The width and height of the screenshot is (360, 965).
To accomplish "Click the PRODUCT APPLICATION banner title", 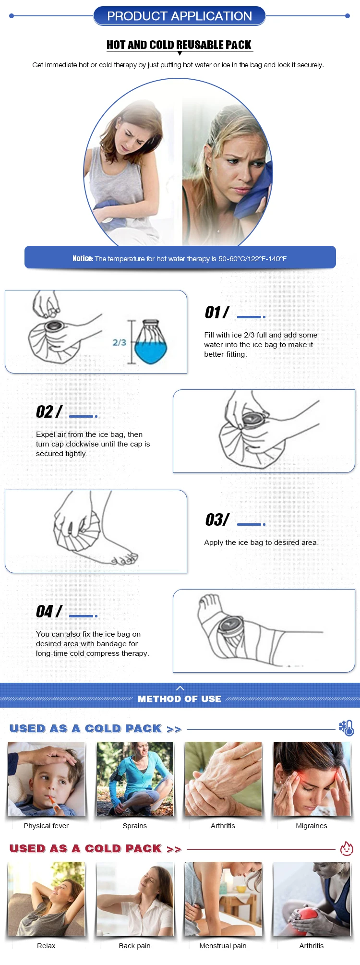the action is click(180, 16).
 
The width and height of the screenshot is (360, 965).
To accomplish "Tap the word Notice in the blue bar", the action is click(83, 258).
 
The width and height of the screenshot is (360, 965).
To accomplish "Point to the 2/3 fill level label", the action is click(120, 342).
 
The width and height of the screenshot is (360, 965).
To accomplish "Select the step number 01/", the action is click(217, 313).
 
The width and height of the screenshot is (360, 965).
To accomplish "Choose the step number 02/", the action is click(49, 411).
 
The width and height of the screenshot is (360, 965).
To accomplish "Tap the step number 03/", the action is click(217, 519).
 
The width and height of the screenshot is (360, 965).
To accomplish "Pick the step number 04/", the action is click(49, 611).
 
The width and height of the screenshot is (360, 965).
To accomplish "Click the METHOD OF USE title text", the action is click(180, 699).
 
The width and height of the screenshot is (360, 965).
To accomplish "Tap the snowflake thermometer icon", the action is click(346, 728).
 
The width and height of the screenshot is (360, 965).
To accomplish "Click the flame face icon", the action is click(347, 848).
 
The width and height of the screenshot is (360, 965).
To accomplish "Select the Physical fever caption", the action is click(46, 826).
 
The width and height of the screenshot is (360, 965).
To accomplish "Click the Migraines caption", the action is click(312, 826).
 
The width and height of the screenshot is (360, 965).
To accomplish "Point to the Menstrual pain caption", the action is click(223, 946).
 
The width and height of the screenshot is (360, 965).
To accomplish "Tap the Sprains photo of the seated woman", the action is click(135, 779).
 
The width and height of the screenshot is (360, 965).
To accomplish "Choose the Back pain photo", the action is click(135, 899).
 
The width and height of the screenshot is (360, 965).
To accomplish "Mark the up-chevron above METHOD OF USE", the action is click(180, 688).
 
